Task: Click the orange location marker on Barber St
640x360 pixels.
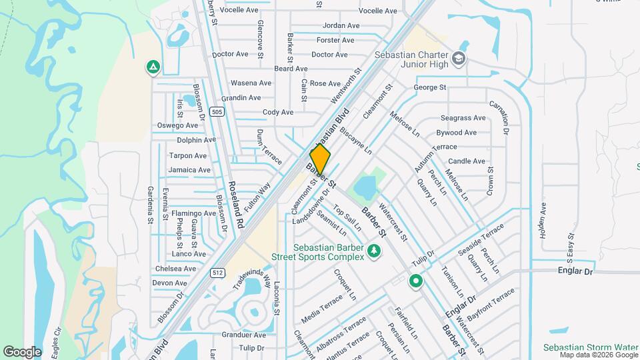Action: (320, 160)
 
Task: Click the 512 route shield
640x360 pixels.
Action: (219, 271)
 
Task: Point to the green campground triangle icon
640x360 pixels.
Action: (153, 67)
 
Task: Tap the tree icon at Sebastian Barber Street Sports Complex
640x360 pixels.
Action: (374, 251)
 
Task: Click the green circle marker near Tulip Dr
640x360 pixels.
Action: (417, 281)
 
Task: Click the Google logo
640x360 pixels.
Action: (22, 351)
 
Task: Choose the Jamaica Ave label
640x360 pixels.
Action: (189, 170)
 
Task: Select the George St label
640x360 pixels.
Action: (429, 87)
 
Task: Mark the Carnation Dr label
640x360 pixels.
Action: (499, 118)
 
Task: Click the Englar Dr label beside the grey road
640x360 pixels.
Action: (574, 271)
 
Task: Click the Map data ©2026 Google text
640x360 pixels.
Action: (597, 354)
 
